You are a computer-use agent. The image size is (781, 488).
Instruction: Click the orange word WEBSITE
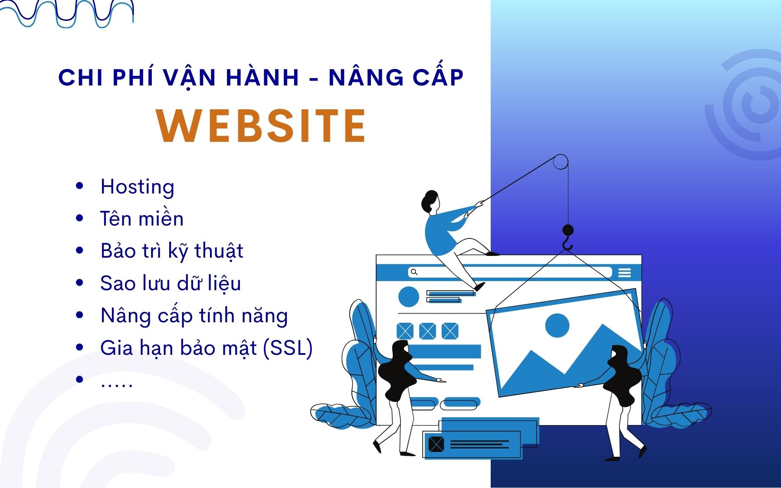(261, 126)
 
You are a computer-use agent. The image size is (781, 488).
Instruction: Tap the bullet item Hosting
(137, 187)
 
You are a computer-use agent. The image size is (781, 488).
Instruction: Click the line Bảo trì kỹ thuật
(172, 251)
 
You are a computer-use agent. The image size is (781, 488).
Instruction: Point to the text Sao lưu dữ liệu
(171, 283)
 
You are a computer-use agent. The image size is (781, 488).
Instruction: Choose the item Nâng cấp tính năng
(194, 316)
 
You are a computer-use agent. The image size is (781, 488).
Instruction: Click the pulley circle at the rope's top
(561, 162)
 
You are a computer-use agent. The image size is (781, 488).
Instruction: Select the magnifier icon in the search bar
(414, 272)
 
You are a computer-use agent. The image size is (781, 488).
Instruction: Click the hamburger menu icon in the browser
(624, 272)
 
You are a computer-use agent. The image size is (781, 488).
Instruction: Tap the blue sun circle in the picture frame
(557, 325)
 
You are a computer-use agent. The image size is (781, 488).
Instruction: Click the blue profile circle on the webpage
(408, 297)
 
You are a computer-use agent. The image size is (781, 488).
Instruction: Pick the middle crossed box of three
(427, 331)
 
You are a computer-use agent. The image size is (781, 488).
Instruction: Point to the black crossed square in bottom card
(436, 444)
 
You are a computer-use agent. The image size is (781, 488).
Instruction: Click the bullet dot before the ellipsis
(79, 380)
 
